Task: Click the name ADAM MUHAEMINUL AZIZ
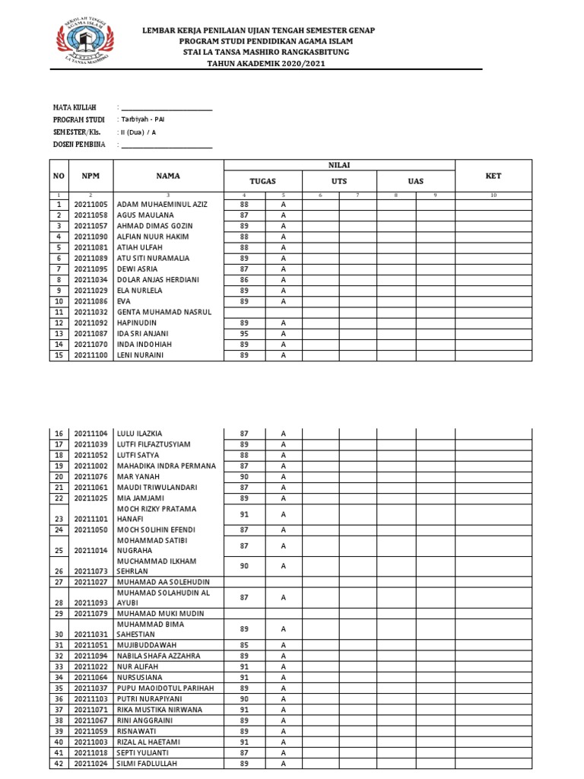point(161,205)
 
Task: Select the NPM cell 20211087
point(90,333)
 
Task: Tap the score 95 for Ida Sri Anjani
point(244,333)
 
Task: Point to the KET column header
point(494,176)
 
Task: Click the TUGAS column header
point(263,181)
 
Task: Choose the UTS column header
point(339,181)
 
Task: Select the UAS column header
point(416,181)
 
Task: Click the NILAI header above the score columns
point(339,165)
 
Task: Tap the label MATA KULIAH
point(75,108)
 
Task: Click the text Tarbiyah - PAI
point(143,120)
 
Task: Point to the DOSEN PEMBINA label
point(79,144)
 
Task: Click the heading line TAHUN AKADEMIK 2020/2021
point(265,63)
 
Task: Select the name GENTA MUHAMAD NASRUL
point(164,312)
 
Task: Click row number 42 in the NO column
point(59,763)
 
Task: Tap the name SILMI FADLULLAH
point(148,763)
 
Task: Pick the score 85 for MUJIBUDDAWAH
point(244,644)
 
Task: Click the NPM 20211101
point(90,519)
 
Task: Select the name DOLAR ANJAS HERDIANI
point(157,280)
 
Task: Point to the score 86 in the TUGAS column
point(244,280)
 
